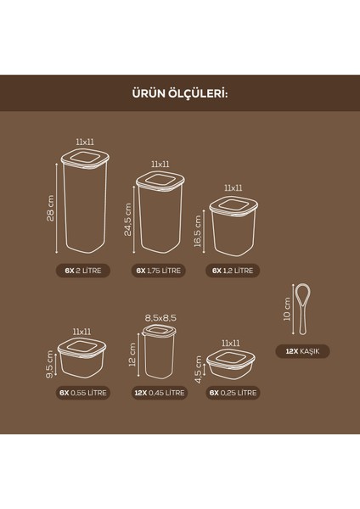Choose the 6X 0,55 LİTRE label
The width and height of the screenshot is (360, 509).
[82, 393]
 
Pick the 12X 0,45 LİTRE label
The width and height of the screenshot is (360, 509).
[159, 393]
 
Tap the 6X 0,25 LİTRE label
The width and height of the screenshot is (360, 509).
[233, 393]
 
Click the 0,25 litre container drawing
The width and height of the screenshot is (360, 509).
[230, 365]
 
